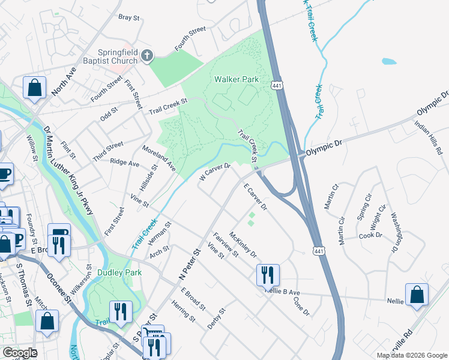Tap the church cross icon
147,57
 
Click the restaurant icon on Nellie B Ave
267,275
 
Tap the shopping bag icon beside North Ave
35,88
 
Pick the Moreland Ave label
158,156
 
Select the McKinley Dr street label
243,244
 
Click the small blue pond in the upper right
389,61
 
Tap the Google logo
19,352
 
